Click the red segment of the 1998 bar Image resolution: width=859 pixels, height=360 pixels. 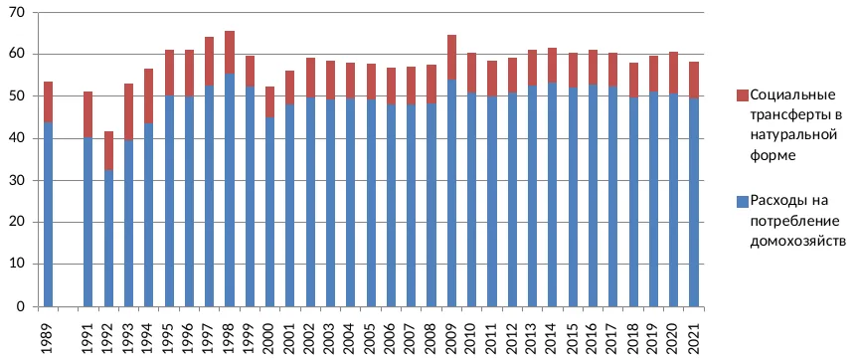coord(230,53)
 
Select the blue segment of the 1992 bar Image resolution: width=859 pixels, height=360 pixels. coord(108,239)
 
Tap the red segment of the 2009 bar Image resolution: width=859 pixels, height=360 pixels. coord(452,58)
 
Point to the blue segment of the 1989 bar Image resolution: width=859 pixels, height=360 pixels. coord(48,215)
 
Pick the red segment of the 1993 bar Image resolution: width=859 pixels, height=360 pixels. coord(128,112)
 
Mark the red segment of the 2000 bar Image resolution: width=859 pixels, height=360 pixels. coord(270,101)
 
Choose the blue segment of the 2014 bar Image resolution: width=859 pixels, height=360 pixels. coord(553,195)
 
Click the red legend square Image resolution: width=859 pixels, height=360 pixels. coord(743,95)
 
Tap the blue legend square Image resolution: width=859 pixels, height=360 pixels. coord(743,202)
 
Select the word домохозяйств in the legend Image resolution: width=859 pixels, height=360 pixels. coord(798,241)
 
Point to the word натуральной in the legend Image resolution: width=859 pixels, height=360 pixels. coord(793,135)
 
